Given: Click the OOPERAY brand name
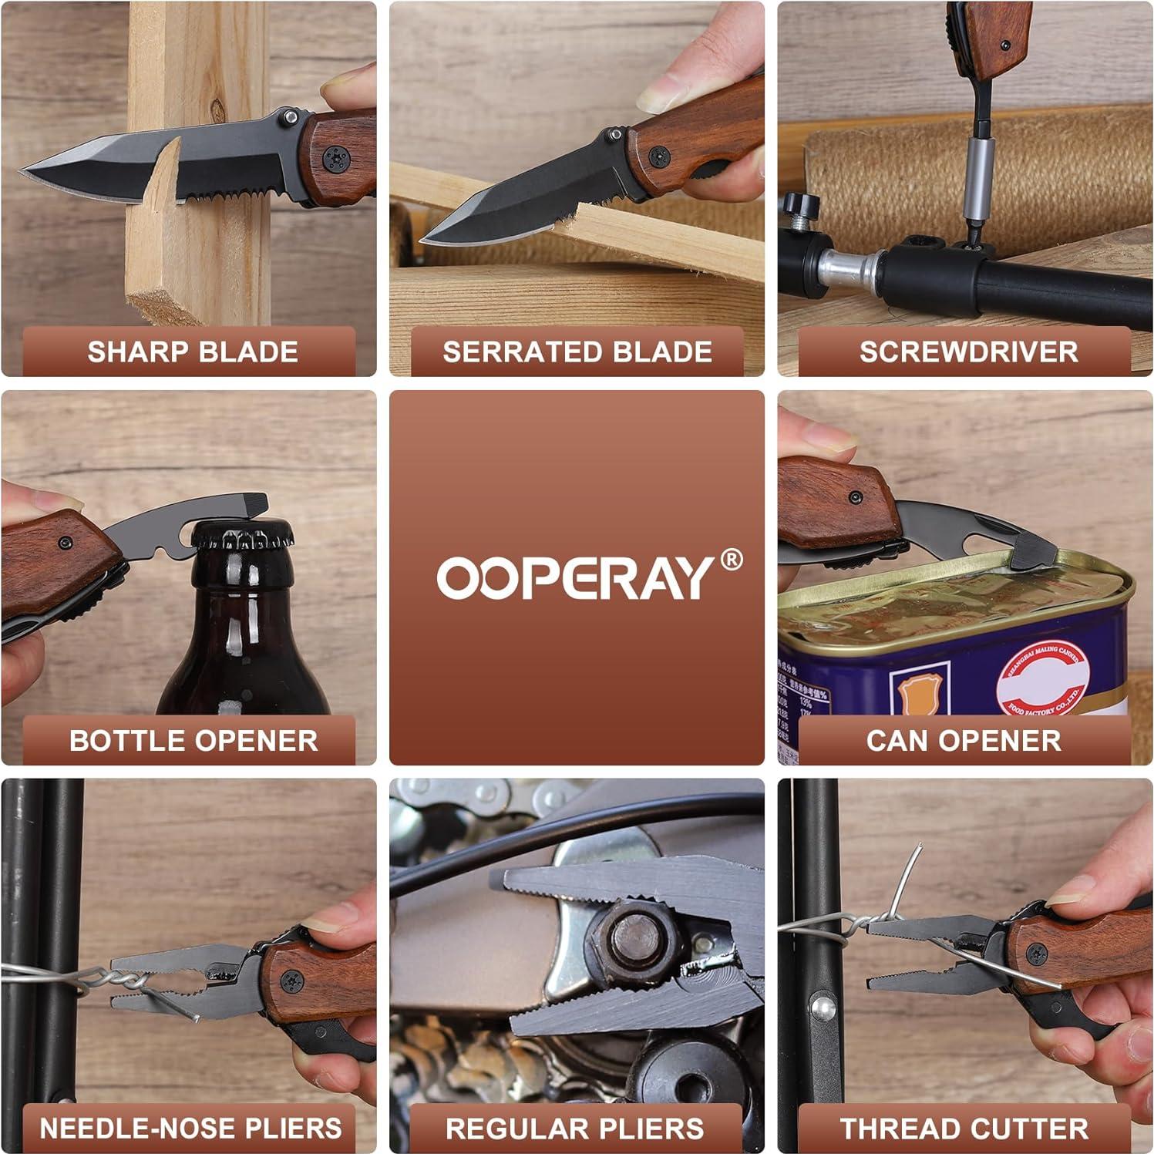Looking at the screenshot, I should (x=575, y=577).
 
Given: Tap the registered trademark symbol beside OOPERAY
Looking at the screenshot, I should (x=731, y=560).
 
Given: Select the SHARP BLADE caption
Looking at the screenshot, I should (x=192, y=352).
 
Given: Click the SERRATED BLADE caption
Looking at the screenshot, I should (x=577, y=352).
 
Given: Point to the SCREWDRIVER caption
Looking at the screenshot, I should (x=968, y=352).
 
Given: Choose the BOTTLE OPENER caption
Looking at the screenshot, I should (x=193, y=740).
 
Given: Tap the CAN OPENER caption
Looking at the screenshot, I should (x=964, y=740).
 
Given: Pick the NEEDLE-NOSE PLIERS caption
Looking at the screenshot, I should (x=190, y=1128).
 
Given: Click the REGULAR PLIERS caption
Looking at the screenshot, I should (x=575, y=1128).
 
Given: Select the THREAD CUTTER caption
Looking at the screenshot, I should (x=964, y=1128).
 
